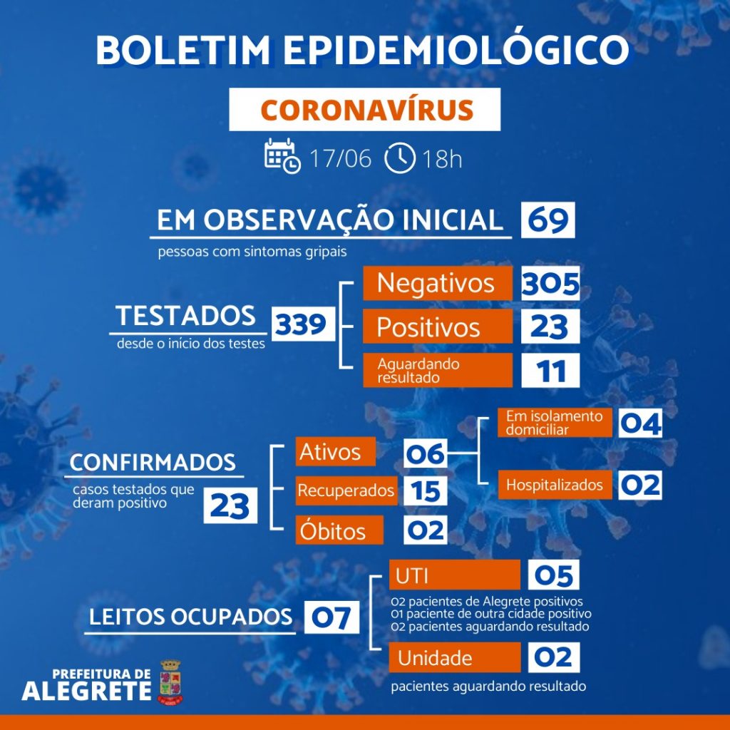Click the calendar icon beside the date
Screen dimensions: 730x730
tap(282, 156)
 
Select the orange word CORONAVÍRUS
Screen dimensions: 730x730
tap(367, 110)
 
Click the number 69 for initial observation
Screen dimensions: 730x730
tap(548, 220)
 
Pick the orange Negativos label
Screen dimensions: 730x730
tap(438, 283)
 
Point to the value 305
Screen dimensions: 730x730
tap(550, 283)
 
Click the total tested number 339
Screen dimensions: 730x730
tap(303, 324)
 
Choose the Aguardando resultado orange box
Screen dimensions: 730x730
tap(438, 370)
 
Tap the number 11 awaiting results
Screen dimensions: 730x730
tap(550, 371)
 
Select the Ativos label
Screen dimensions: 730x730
tap(336, 451)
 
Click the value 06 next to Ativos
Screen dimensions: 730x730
tap(425, 453)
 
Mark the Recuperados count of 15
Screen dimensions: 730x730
tap(425, 490)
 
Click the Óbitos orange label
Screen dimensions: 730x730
tap(339, 530)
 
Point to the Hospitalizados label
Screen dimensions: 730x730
tap(555, 485)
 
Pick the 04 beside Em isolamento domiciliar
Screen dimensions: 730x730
tap(640, 423)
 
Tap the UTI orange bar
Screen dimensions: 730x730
tap(454, 575)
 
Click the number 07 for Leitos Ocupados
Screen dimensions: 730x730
tap(331, 617)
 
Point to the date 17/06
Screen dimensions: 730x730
tap(340, 158)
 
